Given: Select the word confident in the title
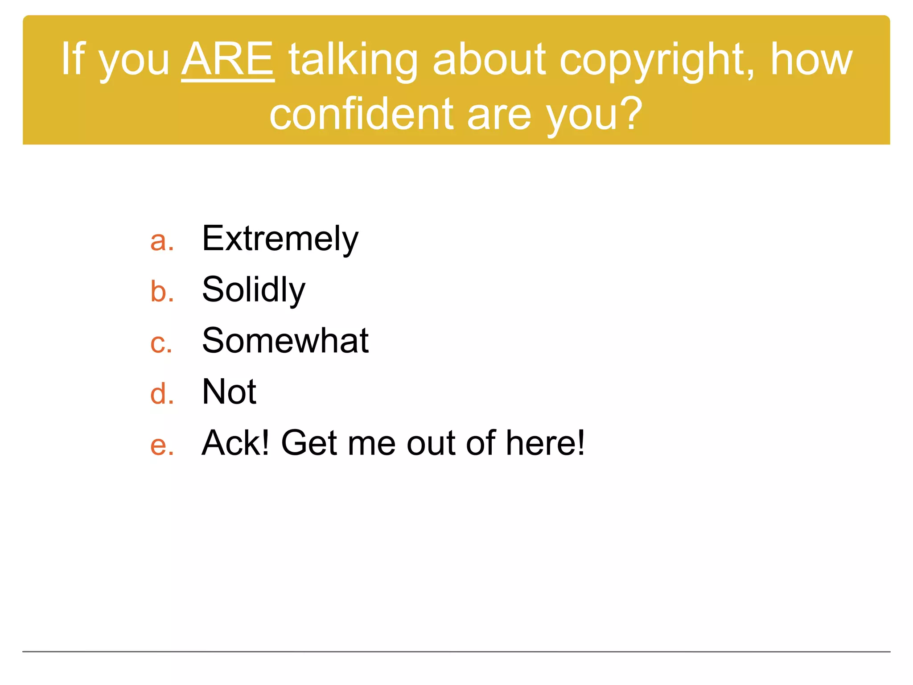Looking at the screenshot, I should click(x=361, y=115).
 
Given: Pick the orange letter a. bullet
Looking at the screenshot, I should click(x=161, y=241).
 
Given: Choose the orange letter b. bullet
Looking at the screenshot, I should click(x=161, y=292).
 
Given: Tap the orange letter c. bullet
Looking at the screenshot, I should click(x=160, y=343).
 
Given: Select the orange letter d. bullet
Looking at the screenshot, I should click(x=161, y=394).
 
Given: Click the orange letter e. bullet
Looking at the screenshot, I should click(x=161, y=445).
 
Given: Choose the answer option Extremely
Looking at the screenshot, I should click(x=280, y=239).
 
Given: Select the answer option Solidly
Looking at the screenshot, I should click(x=253, y=290).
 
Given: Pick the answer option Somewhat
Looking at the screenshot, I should click(x=285, y=341).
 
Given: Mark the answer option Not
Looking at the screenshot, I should click(x=229, y=392).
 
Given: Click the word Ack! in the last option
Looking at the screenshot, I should click(x=235, y=443).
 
